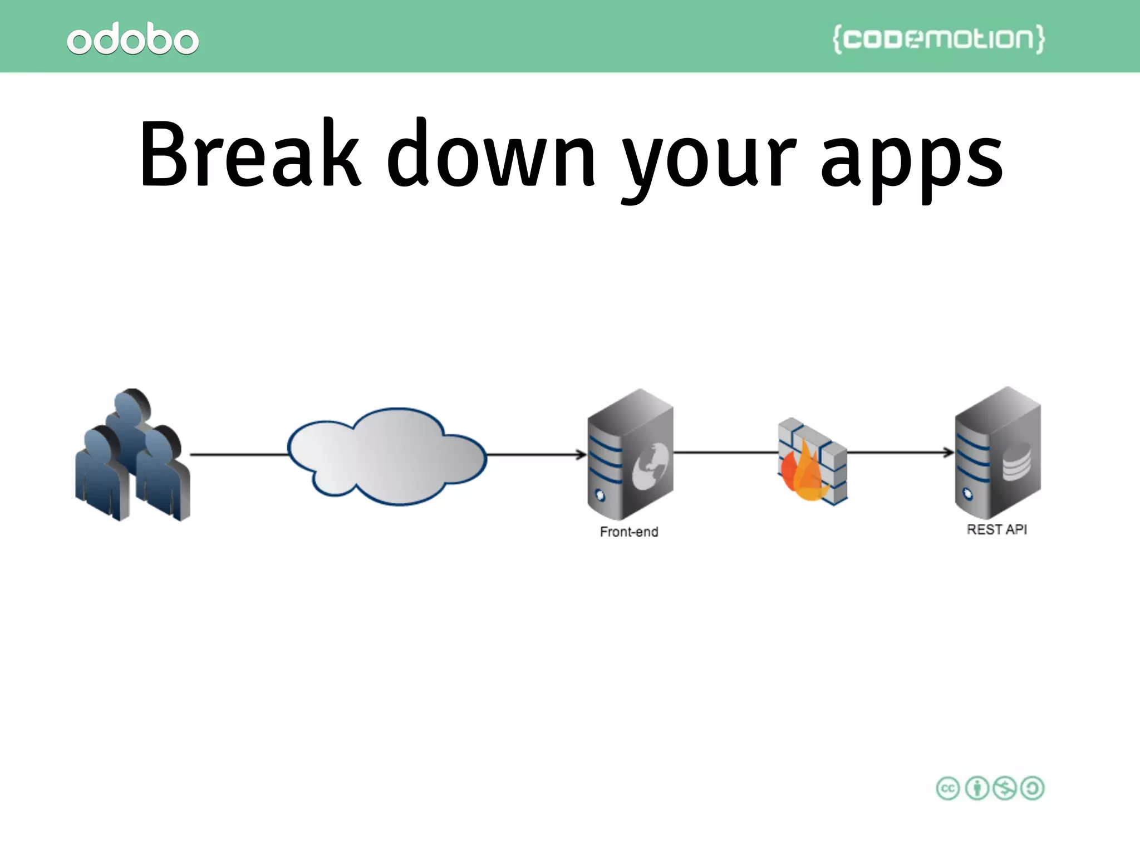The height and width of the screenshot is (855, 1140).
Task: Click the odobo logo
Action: coord(132,39)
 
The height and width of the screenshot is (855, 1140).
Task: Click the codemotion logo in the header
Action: coord(938,38)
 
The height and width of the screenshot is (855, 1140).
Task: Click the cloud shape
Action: coord(387,456)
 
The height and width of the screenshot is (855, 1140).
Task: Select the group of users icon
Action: coord(132,455)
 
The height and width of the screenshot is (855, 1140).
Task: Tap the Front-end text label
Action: coord(629,532)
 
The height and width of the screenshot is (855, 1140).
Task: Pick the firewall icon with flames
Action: coord(812,462)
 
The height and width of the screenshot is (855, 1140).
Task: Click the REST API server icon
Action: coord(997,453)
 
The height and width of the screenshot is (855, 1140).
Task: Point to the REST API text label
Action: coord(996,529)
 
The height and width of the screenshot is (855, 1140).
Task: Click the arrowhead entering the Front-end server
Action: coord(582,455)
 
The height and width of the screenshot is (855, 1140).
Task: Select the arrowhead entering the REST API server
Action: coord(949,453)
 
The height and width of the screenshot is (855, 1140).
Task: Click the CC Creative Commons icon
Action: coord(947,788)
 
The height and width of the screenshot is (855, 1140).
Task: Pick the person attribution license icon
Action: coord(976,788)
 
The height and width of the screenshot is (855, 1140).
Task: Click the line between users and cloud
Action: coord(239,455)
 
